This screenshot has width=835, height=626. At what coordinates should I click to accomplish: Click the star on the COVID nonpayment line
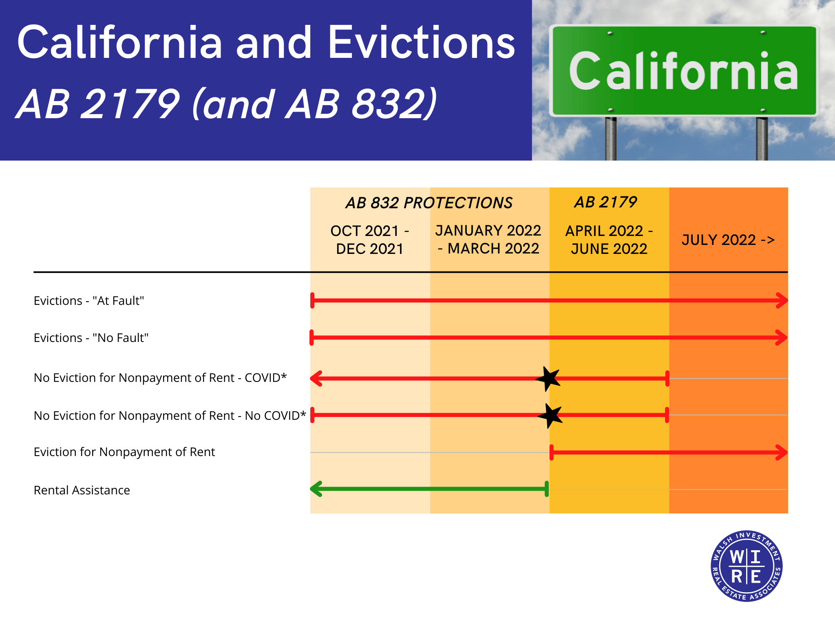click(x=548, y=379)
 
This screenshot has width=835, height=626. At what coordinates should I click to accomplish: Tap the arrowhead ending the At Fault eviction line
click(x=782, y=300)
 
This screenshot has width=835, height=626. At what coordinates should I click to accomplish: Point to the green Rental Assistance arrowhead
click(x=316, y=489)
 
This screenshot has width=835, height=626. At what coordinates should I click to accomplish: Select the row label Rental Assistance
click(x=82, y=490)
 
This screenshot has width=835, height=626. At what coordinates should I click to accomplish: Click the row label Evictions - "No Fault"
click(x=91, y=338)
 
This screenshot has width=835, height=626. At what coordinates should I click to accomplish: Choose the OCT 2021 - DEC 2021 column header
click(x=369, y=240)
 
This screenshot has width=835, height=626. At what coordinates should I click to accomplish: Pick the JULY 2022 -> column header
click(x=728, y=240)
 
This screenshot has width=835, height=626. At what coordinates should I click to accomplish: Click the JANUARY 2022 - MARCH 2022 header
click(x=488, y=240)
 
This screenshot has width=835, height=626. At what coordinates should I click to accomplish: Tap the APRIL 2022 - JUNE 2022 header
click(x=609, y=240)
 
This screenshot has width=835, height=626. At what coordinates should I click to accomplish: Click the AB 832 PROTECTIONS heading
click(x=429, y=203)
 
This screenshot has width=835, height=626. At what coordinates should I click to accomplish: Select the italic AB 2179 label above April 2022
click(x=605, y=202)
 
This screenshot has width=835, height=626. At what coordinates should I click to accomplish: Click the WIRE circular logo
click(x=746, y=566)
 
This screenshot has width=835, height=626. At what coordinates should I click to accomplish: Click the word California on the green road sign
click(x=683, y=71)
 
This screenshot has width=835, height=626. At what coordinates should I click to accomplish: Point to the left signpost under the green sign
click(x=610, y=139)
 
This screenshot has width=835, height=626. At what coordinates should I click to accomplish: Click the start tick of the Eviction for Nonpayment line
click(x=552, y=452)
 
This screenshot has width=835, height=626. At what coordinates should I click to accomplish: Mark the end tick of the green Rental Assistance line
click(x=547, y=489)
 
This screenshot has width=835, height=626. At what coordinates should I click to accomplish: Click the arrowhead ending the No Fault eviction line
click(x=781, y=337)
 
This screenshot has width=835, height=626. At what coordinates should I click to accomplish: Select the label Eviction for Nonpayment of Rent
click(x=124, y=452)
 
